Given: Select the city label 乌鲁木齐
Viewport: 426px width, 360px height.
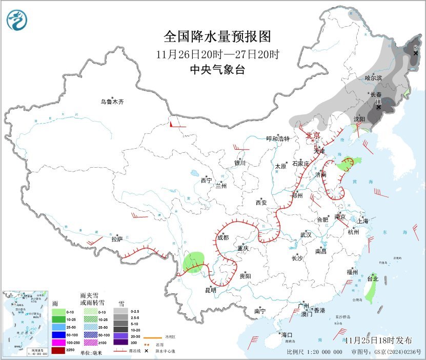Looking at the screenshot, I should click(112, 102).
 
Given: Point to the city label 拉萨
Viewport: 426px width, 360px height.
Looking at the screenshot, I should click(117, 238).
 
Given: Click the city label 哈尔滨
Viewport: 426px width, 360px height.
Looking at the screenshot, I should click(374, 78).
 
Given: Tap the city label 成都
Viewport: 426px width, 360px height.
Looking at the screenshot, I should click(223, 237).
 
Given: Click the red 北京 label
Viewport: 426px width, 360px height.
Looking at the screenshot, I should click(313, 135).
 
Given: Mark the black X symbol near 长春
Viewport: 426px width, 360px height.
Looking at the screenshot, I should click(378, 107).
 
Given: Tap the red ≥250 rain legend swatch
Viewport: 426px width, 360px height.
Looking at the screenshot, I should click(58, 350).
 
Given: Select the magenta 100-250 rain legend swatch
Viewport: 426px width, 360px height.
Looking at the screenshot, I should click(58, 342).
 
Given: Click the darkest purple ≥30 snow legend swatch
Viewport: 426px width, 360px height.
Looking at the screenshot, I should click(120, 342).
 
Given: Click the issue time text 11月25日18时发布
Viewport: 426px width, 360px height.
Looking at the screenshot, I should click(378, 341).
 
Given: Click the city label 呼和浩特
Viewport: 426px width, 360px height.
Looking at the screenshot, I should click(278, 138).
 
